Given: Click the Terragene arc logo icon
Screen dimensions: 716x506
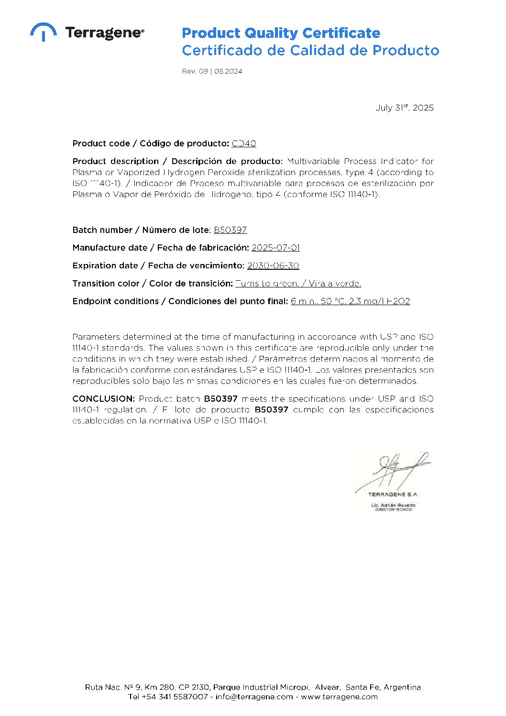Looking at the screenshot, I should click(x=43, y=31).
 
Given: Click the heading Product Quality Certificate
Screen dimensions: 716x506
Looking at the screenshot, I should click(x=281, y=33).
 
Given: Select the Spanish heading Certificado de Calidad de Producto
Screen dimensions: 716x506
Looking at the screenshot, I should click(x=310, y=50).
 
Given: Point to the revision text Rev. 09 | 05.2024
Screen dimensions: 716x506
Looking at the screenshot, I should click(x=212, y=71).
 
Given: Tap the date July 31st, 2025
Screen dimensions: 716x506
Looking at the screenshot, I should click(x=405, y=108).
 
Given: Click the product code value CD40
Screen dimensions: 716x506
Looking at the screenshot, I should click(x=244, y=143).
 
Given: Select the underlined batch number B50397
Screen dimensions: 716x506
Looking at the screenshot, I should click(x=230, y=230).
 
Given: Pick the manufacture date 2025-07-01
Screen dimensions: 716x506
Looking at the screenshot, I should click(x=275, y=248).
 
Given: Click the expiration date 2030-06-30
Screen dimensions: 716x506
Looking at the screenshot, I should click(x=273, y=265).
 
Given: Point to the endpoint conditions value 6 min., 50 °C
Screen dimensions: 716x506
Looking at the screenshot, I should click(x=319, y=301).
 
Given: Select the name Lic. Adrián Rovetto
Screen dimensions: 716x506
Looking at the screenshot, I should click(x=393, y=505).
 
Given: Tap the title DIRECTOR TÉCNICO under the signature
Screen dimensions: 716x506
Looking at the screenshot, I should click(x=393, y=510).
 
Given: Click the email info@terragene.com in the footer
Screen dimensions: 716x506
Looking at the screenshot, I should click(x=254, y=697).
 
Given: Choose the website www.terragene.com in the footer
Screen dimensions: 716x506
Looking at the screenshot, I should click(x=339, y=697).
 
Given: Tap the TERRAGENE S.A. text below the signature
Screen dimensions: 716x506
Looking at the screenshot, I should click(x=393, y=495).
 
